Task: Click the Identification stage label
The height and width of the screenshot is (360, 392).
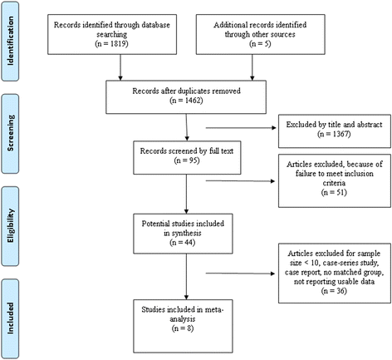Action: [x=10, y=41]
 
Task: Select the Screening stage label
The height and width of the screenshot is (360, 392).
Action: [x=10, y=133]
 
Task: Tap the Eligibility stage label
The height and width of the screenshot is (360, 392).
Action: [x=10, y=226]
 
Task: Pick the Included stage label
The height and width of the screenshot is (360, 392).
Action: [x=10, y=318]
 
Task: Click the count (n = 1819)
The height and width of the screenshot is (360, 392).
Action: [x=111, y=44]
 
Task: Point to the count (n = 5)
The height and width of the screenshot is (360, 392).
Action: [x=260, y=44]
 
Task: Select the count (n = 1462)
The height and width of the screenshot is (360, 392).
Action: [x=186, y=101]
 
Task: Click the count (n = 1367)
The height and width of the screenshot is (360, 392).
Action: [x=334, y=134]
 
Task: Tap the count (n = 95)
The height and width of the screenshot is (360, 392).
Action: [x=187, y=160]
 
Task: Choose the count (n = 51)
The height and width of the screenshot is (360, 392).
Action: [x=334, y=192]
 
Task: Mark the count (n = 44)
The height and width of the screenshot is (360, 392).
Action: [x=183, y=243]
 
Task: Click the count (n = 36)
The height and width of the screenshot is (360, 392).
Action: [x=334, y=291]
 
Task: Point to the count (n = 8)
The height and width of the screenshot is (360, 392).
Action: [x=183, y=328]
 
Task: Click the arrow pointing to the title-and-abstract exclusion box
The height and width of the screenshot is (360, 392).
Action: [x=241, y=128]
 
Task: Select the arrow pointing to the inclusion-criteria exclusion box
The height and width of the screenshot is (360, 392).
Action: [x=240, y=181]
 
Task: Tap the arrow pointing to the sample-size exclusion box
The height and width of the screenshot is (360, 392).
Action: [x=240, y=274]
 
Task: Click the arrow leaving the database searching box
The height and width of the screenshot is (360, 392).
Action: [x=120, y=67]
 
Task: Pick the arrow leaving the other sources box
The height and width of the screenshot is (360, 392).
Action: [x=252, y=67]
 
